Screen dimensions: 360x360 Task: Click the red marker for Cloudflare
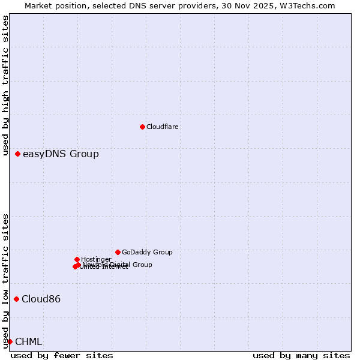coord(142,127)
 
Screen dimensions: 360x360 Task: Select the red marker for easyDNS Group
coord(18,154)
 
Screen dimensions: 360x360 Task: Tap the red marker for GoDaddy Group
coord(118,252)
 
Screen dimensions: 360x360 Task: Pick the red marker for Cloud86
coord(17,299)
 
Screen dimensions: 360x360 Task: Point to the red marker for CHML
coord(10,341)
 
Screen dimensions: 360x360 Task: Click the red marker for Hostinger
coord(77,259)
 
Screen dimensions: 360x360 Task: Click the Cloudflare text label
coord(163,127)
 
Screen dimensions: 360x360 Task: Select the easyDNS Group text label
coord(61,154)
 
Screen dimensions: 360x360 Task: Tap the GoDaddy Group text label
coord(147,252)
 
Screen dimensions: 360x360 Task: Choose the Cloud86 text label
coord(41,299)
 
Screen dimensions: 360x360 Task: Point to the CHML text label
coord(28,341)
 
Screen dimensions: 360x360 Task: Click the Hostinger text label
coord(96,259)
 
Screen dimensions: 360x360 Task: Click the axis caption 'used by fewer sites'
coord(62,355)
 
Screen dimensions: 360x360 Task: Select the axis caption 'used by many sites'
coord(301,355)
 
